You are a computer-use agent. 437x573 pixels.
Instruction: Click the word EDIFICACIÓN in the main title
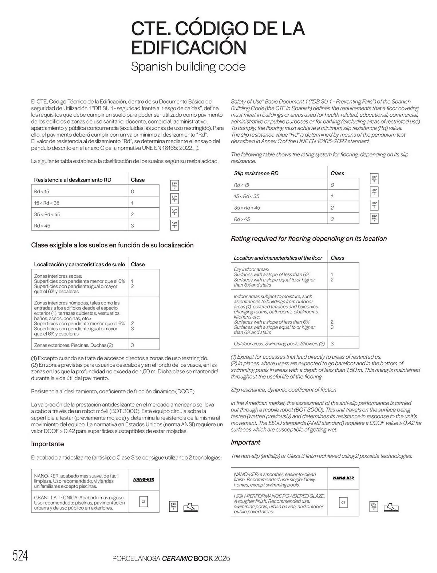(x=189, y=48)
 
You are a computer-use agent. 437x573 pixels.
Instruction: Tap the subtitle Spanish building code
(x=188, y=67)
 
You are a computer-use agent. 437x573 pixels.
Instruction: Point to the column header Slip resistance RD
(x=256, y=173)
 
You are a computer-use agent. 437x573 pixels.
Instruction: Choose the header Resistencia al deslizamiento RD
(x=72, y=180)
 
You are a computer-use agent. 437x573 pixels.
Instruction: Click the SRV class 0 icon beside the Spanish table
(x=174, y=186)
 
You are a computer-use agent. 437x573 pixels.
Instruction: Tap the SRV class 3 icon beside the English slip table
(x=374, y=219)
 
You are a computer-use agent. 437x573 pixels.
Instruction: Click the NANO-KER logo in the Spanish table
(x=143, y=480)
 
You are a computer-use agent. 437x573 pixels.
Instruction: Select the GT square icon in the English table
(x=343, y=503)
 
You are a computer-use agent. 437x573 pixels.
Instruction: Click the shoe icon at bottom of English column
(x=391, y=507)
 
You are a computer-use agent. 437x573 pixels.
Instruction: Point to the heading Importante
(x=48, y=444)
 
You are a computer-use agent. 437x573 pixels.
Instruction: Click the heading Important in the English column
(x=246, y=442)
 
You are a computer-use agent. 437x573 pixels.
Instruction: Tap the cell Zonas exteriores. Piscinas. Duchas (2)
(x=74, y=345)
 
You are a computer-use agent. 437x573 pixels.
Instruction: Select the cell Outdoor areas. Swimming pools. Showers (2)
(x=279, y=344)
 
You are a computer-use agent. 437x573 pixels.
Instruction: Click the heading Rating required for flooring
(x=309, y=239)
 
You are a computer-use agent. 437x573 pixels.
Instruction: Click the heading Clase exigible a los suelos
(x=112, y=245)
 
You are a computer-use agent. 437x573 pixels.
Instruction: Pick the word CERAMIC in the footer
(x=177, y=558)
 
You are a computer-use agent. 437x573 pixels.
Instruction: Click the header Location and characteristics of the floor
(x=278, y=258)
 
